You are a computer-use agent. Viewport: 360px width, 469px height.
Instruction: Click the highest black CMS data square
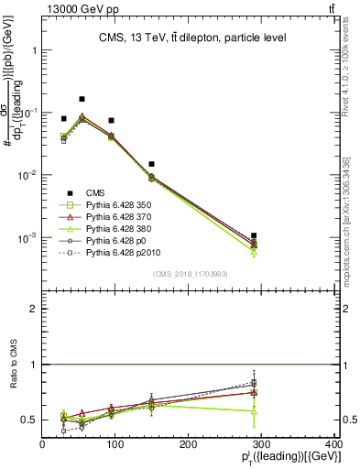82,99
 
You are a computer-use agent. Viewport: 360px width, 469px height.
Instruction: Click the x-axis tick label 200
189,445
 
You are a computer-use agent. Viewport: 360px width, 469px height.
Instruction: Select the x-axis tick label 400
333,445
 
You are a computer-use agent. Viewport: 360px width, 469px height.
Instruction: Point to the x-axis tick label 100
115,445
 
